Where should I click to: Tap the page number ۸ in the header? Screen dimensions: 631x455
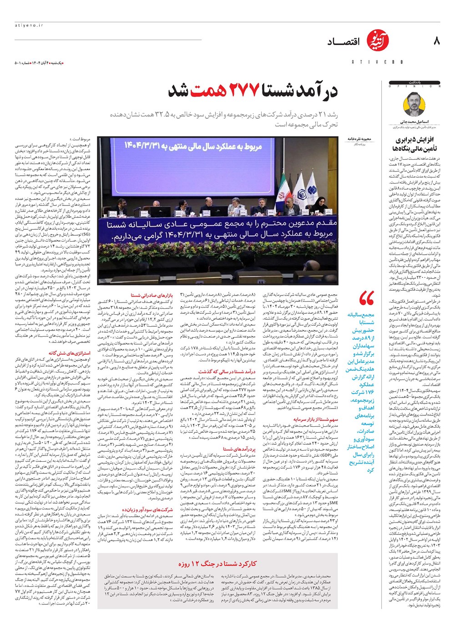pyautogui.click(x=437, y=41)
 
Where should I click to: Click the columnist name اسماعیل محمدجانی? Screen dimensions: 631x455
pyautogui.click(x=415, y=122)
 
